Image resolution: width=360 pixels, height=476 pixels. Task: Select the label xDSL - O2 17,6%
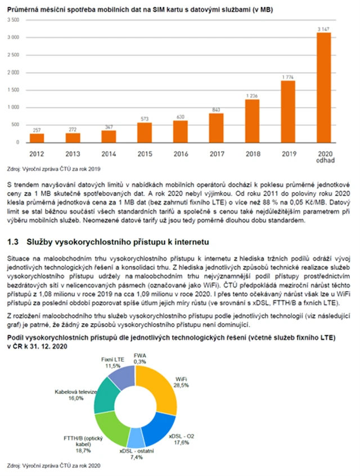click(x=181, y=439)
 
